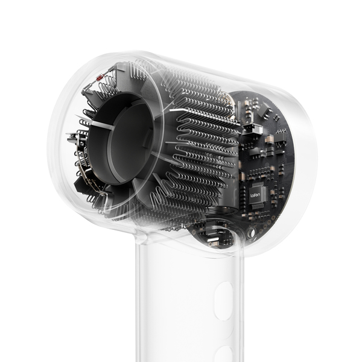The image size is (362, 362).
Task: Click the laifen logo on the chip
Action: point(255,195)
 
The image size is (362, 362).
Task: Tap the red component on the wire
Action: point(100,78)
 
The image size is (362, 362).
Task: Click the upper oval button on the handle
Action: point(223,301)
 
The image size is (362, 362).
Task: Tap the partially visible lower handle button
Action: point(225,354)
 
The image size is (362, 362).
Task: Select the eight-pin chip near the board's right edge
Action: point(280,138)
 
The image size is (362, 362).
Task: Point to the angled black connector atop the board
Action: point(264,109)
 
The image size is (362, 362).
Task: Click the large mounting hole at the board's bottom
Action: point(252,232)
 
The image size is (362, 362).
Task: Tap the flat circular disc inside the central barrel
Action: point(129,143)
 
